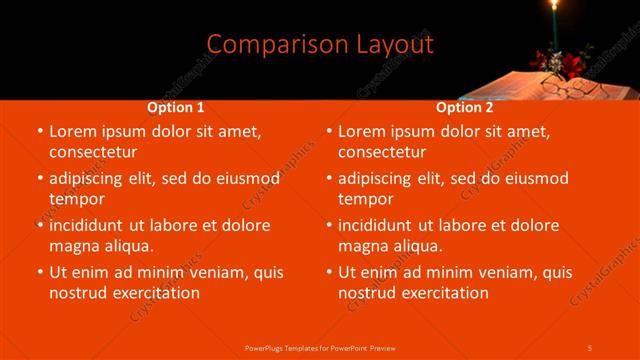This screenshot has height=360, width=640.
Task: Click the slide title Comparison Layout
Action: coord(320,44)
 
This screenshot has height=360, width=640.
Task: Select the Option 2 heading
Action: coord(464,107)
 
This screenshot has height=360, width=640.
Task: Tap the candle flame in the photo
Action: coord(552,7)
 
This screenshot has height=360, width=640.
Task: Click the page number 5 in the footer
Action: coord(590,347)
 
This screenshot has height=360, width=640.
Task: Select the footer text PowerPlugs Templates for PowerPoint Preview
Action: coord(319,347)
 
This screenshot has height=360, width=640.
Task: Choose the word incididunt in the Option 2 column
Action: coord(383,225)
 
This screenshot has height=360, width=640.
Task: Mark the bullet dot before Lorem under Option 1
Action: coord(39,131)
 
